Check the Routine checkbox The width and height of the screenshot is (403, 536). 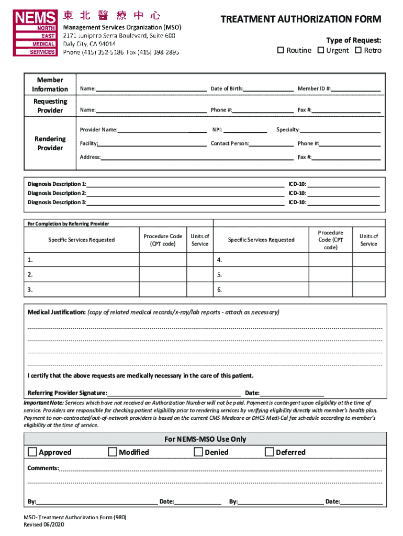(281, 50)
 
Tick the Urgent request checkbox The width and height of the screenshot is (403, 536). (320, 50)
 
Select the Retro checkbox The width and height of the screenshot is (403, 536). (359, 50)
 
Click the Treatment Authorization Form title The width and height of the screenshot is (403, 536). (300, 20)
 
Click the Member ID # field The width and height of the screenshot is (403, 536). (355, 88)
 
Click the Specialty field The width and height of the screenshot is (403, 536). (340, 129)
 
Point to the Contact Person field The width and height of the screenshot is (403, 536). (271, 143)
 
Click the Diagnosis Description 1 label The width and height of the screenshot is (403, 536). (57, 184)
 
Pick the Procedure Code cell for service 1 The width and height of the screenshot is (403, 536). (163, 260)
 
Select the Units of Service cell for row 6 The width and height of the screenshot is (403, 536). (368, 289)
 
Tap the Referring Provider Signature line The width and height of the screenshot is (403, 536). (174, 393)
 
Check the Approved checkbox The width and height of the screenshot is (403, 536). (32, 452)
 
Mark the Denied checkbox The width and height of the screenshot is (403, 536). (198, 452)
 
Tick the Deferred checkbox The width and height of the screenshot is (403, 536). (270, 452)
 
